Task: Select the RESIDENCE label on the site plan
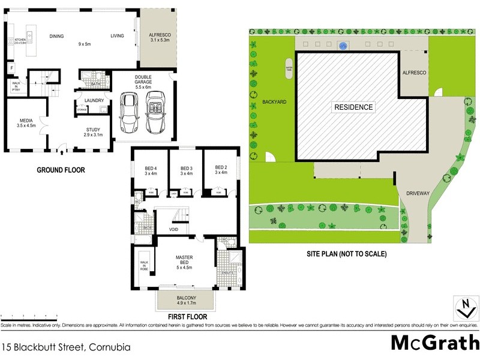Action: point(353,107)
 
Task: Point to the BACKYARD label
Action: point(274,102)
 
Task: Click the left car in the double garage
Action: point(128,112)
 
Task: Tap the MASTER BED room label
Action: point(184,260)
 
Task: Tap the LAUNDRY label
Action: point(94,100)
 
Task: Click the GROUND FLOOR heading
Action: point(61,170)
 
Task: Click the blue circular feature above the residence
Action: point(343,45)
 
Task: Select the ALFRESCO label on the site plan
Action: point(413,72)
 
